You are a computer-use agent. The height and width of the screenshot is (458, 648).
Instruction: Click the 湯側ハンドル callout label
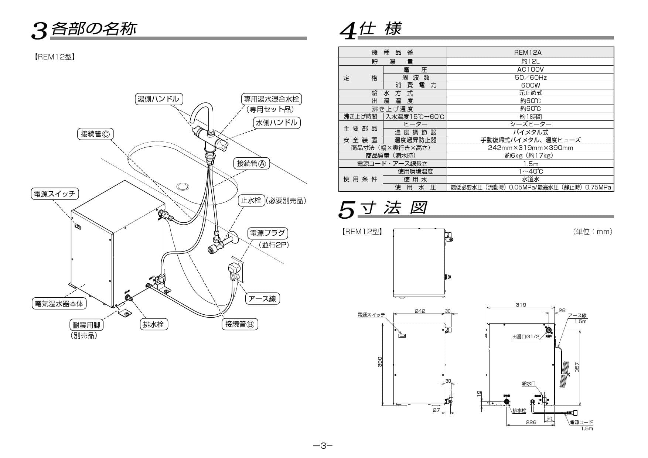158,99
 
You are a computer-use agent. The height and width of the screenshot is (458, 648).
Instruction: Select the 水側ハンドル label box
276,123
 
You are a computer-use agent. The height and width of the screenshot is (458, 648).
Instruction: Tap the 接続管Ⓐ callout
251,163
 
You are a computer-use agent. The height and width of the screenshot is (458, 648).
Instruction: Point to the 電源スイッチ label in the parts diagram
54,194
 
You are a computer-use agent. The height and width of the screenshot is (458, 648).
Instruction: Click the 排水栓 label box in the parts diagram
153,324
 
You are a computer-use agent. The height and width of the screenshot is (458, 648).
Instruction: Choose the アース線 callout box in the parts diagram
262,298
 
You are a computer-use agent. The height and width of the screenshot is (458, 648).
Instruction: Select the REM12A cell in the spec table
530,52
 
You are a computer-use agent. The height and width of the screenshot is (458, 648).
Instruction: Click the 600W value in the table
530,85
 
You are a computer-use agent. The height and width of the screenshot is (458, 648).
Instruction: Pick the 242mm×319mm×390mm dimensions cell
530,148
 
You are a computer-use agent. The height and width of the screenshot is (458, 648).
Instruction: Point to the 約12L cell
530,62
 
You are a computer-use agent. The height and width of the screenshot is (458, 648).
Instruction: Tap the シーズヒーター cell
530,124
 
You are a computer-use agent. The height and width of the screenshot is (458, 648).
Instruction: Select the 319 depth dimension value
521,305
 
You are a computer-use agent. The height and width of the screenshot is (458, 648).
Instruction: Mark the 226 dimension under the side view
531,422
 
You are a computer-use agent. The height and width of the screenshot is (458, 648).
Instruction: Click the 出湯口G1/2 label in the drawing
526,336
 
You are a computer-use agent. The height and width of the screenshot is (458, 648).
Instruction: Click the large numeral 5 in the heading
347,210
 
